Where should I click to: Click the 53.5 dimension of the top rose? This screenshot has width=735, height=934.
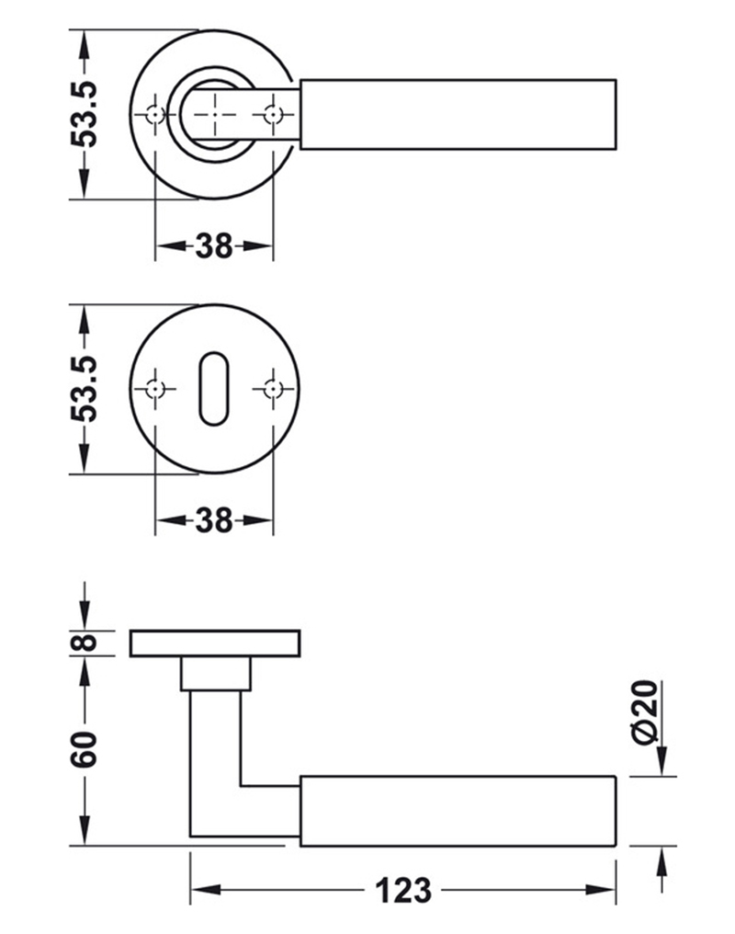(x=85, y=114)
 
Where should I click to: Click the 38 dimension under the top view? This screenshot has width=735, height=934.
(x=214, y=246)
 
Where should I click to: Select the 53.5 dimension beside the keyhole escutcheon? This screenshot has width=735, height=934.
(x=85, y=389)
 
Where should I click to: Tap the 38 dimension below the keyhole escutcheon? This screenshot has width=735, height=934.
(x=214, y=521)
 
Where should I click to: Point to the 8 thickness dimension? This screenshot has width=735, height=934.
(x=85, y=643)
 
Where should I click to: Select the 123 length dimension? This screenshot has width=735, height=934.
(x=402, y=890)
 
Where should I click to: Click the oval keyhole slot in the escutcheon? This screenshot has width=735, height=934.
(x=213, y=387)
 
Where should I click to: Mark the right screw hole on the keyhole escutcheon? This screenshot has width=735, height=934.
(x=271, y=388)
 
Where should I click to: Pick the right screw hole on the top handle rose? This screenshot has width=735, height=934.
(x=271, y=114)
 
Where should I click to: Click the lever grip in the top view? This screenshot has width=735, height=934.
(x=458, y=114)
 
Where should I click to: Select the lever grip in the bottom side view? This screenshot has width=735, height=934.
(x=458, y=810)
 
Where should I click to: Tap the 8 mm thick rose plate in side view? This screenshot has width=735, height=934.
(x=216, y=644)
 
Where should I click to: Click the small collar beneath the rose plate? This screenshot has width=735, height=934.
(x=216, y=674)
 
